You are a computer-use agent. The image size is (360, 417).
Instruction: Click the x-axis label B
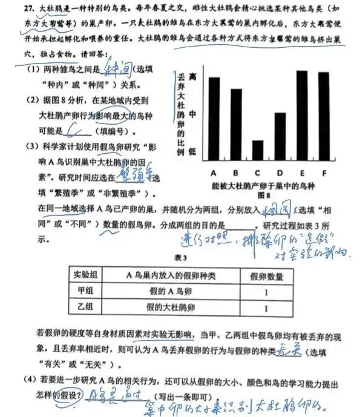pos(236,173)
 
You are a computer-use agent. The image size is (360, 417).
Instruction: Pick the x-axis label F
pos(324,173)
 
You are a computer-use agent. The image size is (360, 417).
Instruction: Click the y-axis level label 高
pos(192,77)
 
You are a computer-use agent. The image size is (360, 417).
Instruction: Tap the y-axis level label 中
pos(192,113)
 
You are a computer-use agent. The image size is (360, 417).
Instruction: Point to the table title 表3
pos(179,257)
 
